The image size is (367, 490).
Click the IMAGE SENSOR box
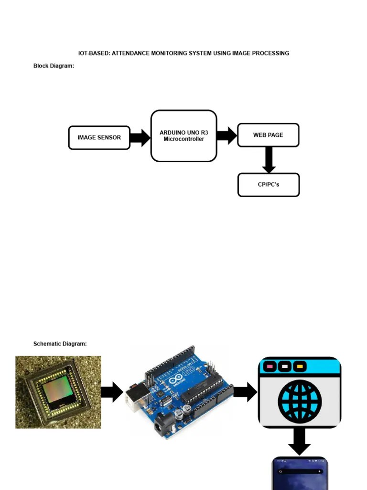tap(99, 138)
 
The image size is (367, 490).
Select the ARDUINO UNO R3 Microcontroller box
tap(183, 136)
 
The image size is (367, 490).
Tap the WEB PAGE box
tap(268, 135)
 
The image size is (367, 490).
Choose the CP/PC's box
tap(268, 185)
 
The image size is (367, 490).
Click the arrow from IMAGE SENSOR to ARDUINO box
tap(140, 138)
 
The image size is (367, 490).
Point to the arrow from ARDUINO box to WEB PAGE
tap(227, 135)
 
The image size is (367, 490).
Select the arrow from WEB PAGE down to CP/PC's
tap(269, 160)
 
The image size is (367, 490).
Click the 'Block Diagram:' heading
tap(54, 66)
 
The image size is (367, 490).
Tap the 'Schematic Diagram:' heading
tap(60, 344)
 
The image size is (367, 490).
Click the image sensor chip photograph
tap(58, 392)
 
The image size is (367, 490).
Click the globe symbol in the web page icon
tap(300, 401)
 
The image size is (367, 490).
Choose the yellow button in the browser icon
tap(300, 367)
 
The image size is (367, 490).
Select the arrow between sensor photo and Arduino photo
tap(112, 392)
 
